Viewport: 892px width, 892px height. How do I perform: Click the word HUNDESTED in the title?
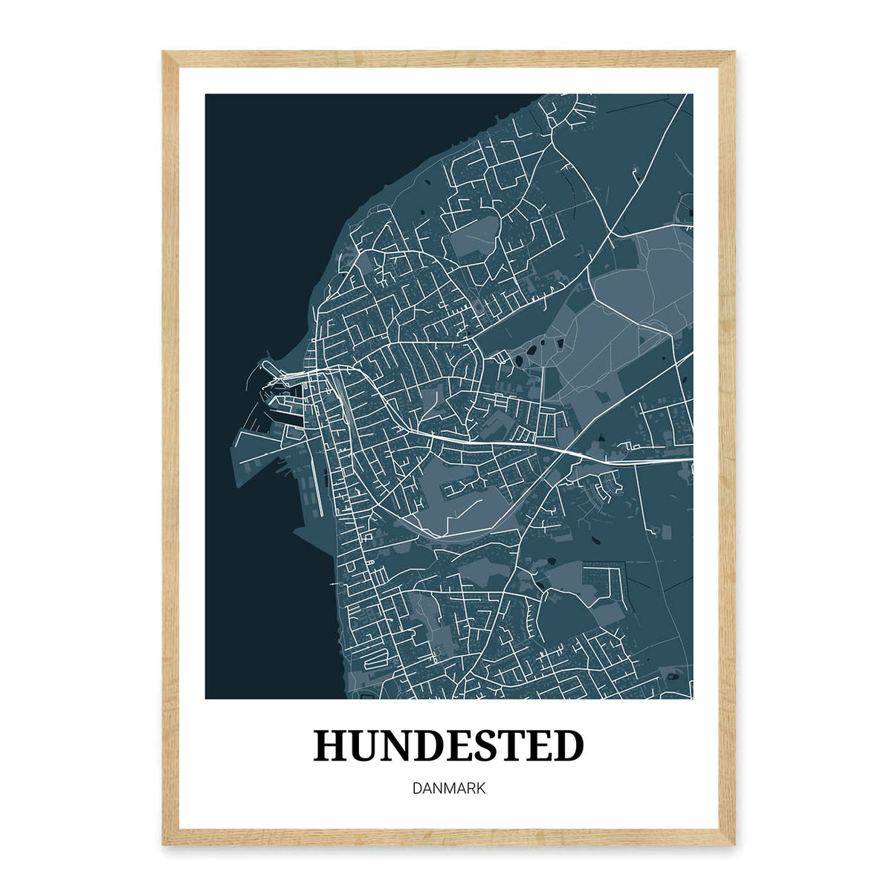point(449,746)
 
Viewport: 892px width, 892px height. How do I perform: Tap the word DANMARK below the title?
point(449,788)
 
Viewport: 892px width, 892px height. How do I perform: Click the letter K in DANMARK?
point(482,788)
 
